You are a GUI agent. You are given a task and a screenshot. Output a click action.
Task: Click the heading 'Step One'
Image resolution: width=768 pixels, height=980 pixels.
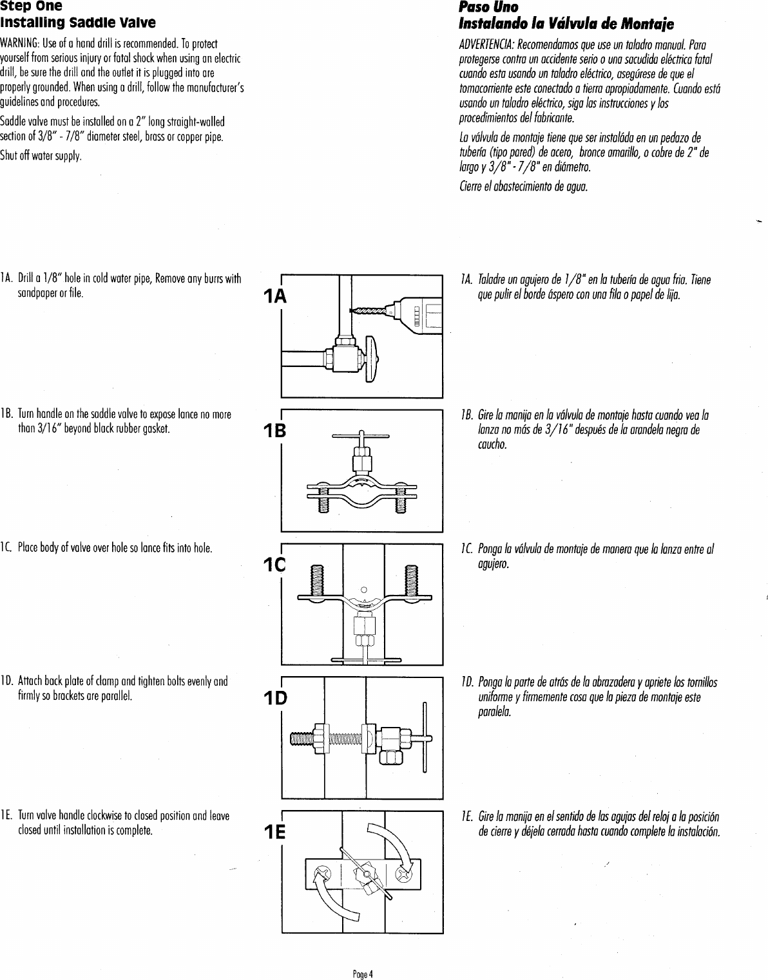[31, 7]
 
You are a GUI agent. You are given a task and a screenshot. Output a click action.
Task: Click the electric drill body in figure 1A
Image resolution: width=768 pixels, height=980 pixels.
[419, 316]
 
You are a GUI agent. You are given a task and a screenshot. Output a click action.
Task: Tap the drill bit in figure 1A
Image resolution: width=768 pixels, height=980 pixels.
[370, 312]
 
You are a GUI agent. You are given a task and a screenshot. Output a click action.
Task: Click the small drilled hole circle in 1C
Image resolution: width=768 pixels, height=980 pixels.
[363, 589]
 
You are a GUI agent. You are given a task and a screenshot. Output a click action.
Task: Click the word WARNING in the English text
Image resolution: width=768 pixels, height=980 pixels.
[19, 42]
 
